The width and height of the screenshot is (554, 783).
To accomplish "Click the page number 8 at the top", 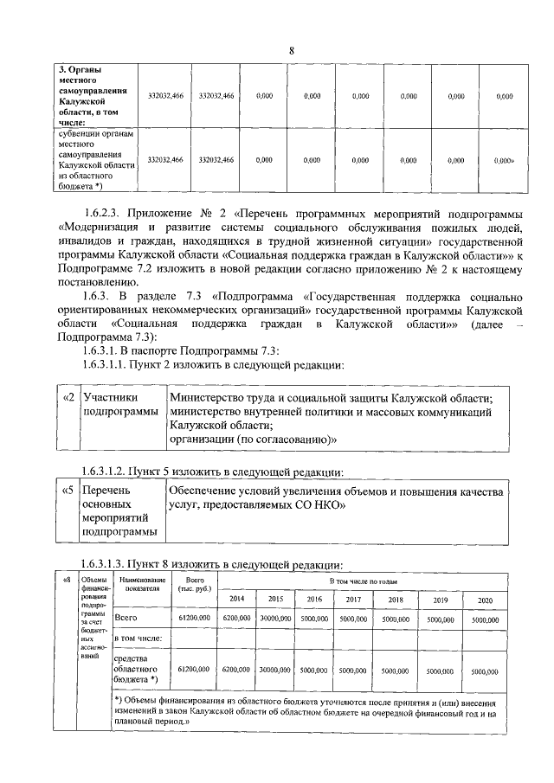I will pos(292,50).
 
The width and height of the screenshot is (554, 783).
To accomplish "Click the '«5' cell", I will pos(68,491).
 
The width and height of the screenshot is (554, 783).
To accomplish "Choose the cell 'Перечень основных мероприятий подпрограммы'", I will pos(120,511).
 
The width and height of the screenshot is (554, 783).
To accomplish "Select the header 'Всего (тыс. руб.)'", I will pos(192,583).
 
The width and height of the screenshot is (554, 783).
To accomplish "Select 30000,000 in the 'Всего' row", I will pos(274,619).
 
